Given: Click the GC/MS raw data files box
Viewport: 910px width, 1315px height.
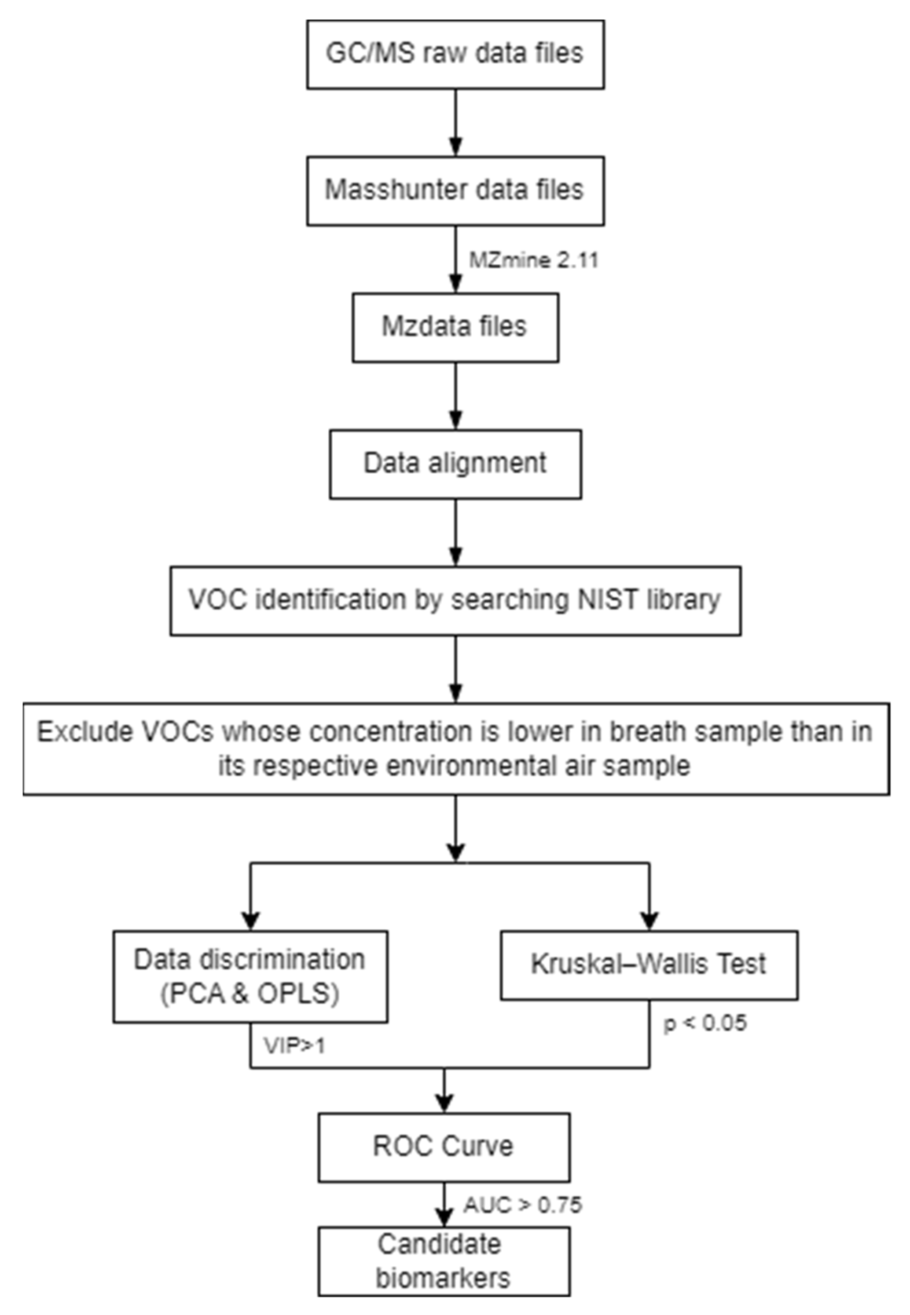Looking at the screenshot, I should [455, 55].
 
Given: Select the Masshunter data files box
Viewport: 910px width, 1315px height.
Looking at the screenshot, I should [455, 191].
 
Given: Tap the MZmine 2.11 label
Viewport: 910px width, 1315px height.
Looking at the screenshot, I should [533, 260].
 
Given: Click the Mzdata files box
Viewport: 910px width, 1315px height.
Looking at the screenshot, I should [455, 328].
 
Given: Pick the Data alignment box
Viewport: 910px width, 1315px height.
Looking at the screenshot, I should [455, 464].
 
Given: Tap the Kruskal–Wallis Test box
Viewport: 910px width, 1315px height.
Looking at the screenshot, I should [649, 964].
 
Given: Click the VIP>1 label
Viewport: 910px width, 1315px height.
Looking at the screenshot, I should [294, 1045].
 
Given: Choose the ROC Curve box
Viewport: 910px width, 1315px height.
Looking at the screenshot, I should [444, 1147].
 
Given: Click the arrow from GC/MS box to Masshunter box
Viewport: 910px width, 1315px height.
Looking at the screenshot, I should [455, 123].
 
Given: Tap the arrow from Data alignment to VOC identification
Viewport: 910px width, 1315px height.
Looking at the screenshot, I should [455, 533].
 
